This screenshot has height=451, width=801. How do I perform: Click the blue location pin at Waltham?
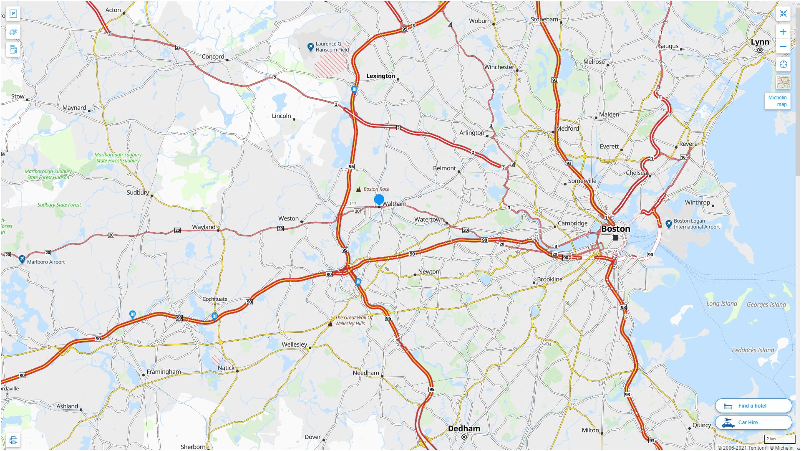point(379,200)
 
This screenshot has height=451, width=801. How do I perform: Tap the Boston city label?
point(615,229)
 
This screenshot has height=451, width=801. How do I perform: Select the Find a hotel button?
point(753,405)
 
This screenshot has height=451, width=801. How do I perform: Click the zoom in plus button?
point(783,32)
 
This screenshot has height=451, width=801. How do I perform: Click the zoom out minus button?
point(783,46)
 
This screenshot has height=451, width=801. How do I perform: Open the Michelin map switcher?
point(777,101)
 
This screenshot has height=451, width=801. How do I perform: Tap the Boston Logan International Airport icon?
point(669,224)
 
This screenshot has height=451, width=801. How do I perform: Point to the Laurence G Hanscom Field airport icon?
point(310,47)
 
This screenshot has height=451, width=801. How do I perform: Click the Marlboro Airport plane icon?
point(22,259)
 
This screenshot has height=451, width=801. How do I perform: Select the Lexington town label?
point(380,76)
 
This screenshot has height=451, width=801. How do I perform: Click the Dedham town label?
point(464,428)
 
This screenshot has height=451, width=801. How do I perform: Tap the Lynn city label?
point(760,42)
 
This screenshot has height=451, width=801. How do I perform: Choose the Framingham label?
point(164,372)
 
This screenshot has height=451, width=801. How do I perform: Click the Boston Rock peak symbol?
point(358,189)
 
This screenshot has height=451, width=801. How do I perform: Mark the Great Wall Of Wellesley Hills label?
point(353,320)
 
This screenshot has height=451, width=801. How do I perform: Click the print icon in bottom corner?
point(13,440)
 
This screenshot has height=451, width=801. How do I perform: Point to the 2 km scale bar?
point(779,439)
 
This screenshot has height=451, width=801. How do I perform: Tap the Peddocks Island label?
point(753,350)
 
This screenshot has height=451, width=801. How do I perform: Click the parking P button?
point(13,14)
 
